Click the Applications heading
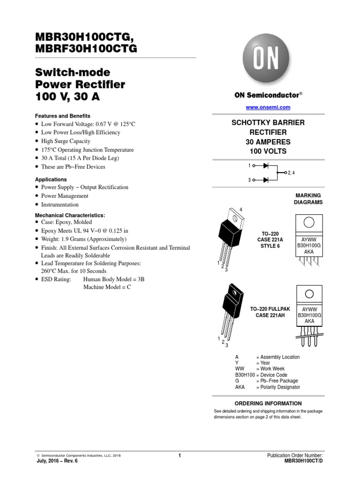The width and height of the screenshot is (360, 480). point(51,180)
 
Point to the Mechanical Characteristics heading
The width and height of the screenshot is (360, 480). point(70,215)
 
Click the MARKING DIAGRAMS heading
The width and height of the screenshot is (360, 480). point(308,199)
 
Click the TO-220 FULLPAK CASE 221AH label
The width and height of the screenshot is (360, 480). point(270,312)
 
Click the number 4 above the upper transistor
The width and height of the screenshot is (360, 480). point(241,209)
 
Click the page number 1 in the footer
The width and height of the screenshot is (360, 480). point(180,455)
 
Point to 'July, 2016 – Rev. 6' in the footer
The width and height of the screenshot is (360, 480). point(57,461)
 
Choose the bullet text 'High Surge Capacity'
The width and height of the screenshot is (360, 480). point(66,141)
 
